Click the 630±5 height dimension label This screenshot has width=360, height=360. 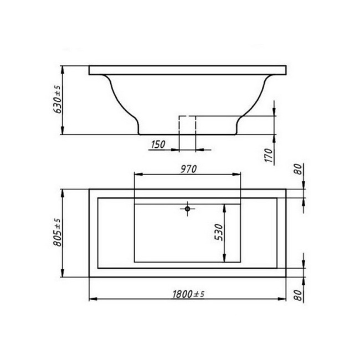(57, 99)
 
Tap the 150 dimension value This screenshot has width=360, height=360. (158, 145)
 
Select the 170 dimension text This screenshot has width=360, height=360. (269, 156)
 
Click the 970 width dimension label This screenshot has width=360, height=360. (188, 169)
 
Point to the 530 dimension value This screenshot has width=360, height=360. (219, 233)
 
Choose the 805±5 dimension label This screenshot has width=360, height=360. (57, 233)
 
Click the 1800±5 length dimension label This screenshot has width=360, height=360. (188, 294)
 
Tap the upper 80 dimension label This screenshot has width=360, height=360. (298, 169)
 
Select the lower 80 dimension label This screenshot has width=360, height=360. (298, 295)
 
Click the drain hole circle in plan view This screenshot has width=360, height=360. (188, 209)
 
